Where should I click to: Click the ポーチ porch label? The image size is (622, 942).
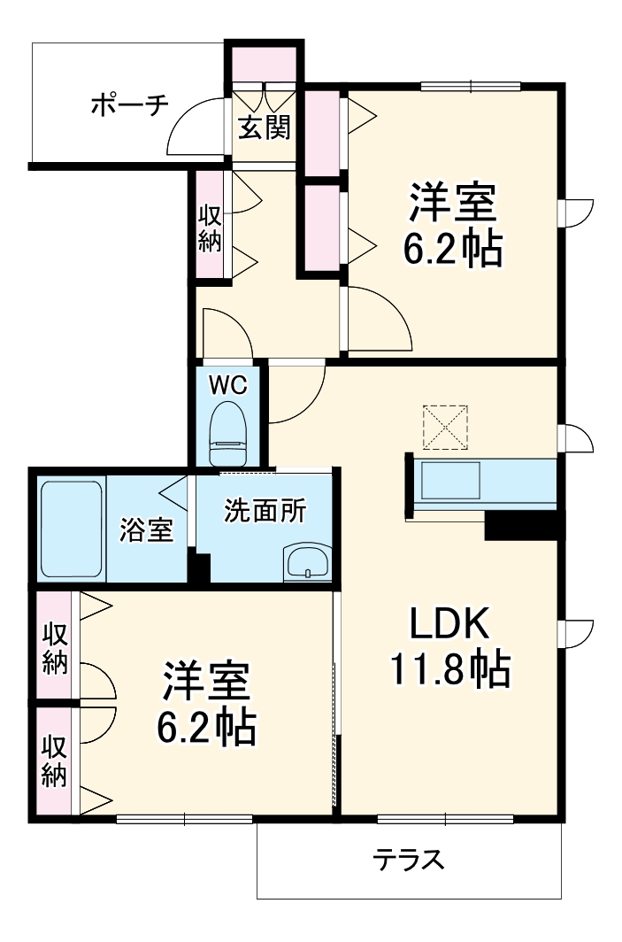coord(129,105)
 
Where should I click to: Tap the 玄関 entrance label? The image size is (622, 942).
coord(263,128)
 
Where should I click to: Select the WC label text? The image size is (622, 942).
coord(227,385)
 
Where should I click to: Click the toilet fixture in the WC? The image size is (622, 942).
coord(227,435)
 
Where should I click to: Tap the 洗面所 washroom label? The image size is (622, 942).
coord(265,511)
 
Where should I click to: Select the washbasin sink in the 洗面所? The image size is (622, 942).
coord(306,562)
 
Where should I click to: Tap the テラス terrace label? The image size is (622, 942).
coord(408,860)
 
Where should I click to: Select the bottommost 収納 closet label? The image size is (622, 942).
coord(54,761)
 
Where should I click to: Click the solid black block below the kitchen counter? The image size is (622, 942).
coord(523,526)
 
